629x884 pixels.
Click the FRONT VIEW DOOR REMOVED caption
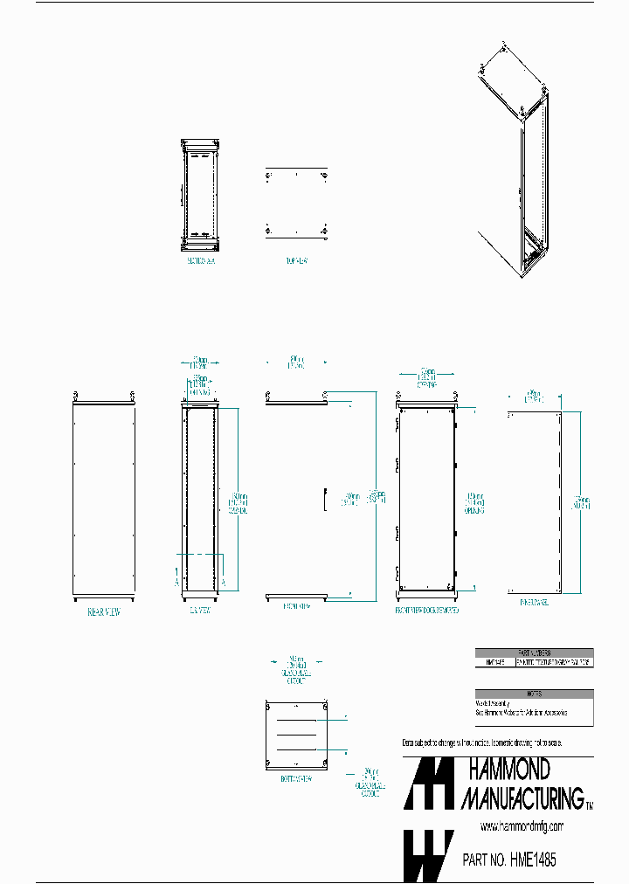pyautogui.click(x=426, y=610)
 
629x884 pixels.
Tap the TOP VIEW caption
pyautogui.click(x=295, y=259)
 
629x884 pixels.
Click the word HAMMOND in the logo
pyautogui.click(x=509, y=769)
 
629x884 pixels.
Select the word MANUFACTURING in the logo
pyautogui.click(x=522, y=798)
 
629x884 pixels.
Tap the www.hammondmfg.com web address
pyautogui.click(x=522, y=825)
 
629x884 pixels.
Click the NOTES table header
pyautogui.click(x=534, y=694)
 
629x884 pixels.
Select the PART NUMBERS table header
pyautogui.click(x=534, y=653)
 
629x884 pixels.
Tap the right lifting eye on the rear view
pyautogui.click(x=132, y=394)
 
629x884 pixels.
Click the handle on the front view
pyautogui.click(x=324, y=499)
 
